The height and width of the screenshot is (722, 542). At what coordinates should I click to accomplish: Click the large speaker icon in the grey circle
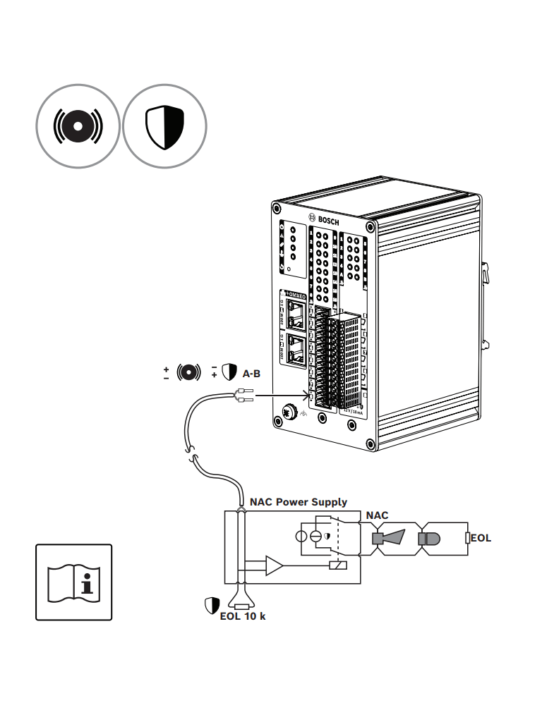pos(78,127)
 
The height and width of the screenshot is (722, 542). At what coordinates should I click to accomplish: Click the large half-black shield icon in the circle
pos(164,127)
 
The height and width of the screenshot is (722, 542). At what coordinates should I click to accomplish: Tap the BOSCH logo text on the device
pos(325,220)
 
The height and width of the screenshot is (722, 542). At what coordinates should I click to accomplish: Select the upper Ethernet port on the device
pos(296,315)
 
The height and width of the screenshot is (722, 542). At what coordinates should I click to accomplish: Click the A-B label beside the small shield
pos(252,373)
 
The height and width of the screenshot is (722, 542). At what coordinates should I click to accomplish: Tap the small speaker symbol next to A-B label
pos(188,372)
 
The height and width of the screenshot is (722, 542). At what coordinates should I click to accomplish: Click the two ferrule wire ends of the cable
pos(243,400)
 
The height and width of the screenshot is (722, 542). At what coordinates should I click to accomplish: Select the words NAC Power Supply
pos(299,502)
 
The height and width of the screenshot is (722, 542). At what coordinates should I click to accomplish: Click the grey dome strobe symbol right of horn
pos(428,539)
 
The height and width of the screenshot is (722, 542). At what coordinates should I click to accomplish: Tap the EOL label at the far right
pos(481,538)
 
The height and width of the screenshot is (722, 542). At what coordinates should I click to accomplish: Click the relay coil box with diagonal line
pos(338,565)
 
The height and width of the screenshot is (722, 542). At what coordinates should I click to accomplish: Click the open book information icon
pos(73,582)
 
